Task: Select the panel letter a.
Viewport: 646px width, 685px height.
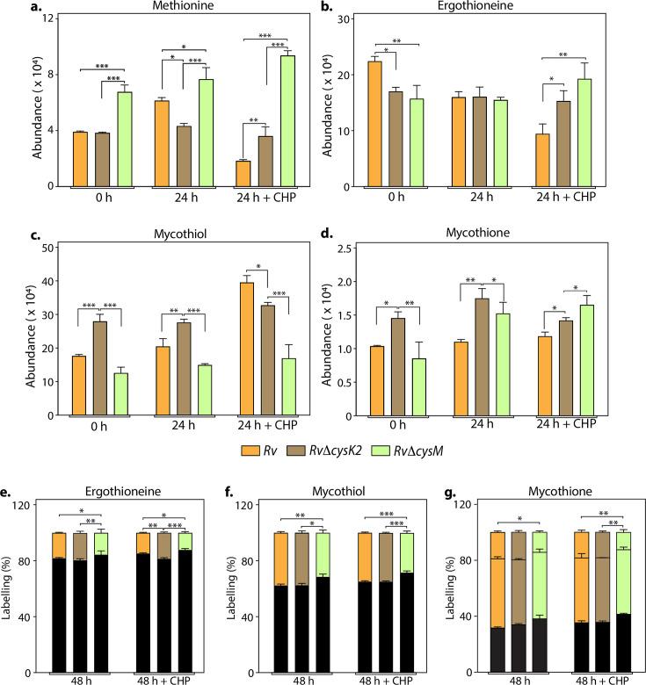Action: click(9, 7)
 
